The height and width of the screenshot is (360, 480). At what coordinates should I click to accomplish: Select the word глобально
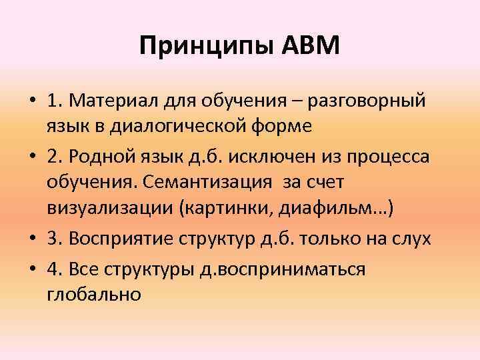pos(94,293)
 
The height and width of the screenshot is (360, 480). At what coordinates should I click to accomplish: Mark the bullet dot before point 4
pos(31,269)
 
